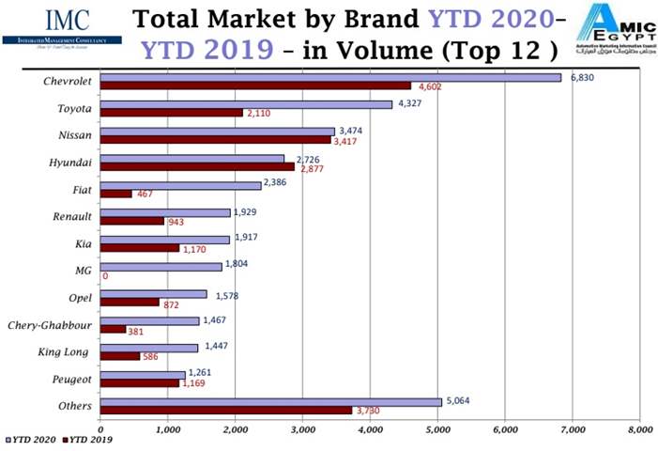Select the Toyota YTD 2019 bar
coord(171,113)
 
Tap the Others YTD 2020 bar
coord(269,401)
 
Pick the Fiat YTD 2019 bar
coord(115,194)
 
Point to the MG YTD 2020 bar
coord(161,267)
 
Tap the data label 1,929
coord(246,212)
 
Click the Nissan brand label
coord(69,134)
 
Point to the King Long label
coord(64,351)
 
